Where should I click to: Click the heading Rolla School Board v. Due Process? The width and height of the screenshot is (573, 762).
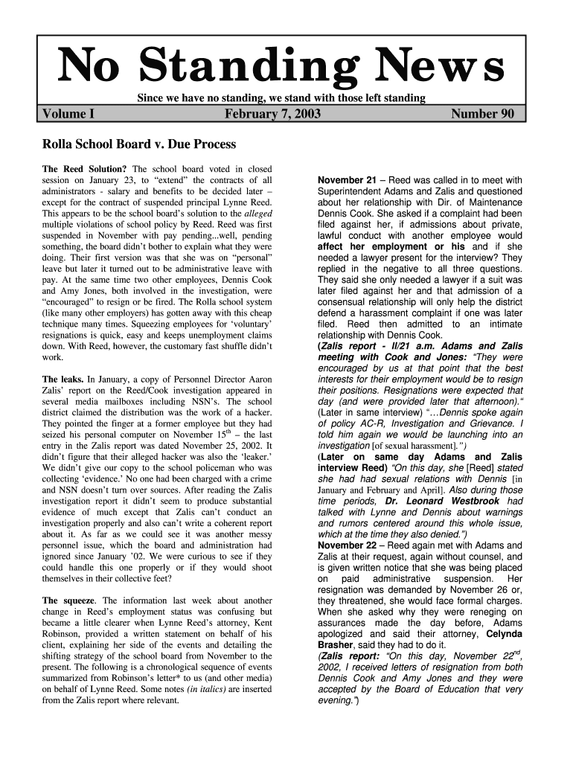tap(138, 144)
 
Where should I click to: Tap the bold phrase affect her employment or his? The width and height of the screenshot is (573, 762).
tap(391, 246)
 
